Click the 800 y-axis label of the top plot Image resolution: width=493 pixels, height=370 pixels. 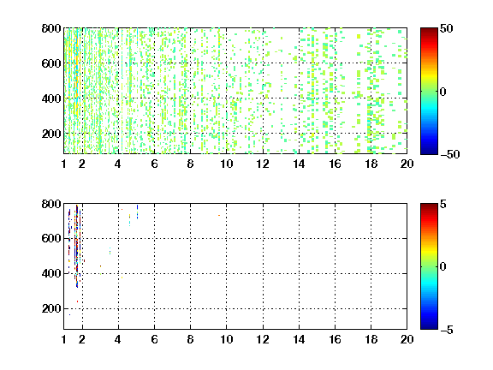pyautogui.click(x=51, y=28)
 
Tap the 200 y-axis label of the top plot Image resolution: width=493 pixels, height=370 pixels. pyautogui.click(x=51, y=134)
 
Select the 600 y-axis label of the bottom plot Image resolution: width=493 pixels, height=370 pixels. pyautogui.click(x=51, y=238)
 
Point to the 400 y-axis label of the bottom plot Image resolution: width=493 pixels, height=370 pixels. pyautogui.click(x=51, y=273)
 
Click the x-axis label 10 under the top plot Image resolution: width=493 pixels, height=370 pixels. pyautogui.click(x=226, y=164)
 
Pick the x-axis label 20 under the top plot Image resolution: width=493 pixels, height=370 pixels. pyautogui.click(x=407, y=164)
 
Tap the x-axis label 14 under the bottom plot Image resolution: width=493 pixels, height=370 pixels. pyautogui.click(x=299, y=339)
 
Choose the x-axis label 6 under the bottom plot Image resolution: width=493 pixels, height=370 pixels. pyautogui.click(x=154, y=339)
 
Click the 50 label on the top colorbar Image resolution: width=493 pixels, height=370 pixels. pyautogui.click(x=446, y=29)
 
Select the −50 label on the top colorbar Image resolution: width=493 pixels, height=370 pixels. pyautogui.click(x=449, y=154)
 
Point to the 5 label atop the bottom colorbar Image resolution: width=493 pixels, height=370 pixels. pyautogui.click(x=443, y=205)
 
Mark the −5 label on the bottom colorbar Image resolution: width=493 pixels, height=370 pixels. pyautogui.click(x=447, y=330)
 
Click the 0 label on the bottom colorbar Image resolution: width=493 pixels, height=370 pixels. pyautogui.click(x=443, y=267)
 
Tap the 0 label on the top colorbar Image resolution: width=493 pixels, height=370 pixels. pyautogui.click(x=443, y=92)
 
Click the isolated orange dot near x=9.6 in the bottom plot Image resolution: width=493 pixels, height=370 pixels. pyautogui.click(x=219, y=216)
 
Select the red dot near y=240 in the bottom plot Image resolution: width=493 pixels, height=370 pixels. pyautogui.click(x=77, y=301)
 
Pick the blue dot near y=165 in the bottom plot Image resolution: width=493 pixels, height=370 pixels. pyautogui.click(x=70, y=314)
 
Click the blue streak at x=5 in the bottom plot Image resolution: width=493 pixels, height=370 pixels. pyautogui.click(x=137, y=212)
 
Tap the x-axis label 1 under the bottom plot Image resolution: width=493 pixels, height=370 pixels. pyautogui.click(x=64, y=339)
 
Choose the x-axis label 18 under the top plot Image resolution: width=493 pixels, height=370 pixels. pyautogui.click(x=371, y=164)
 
